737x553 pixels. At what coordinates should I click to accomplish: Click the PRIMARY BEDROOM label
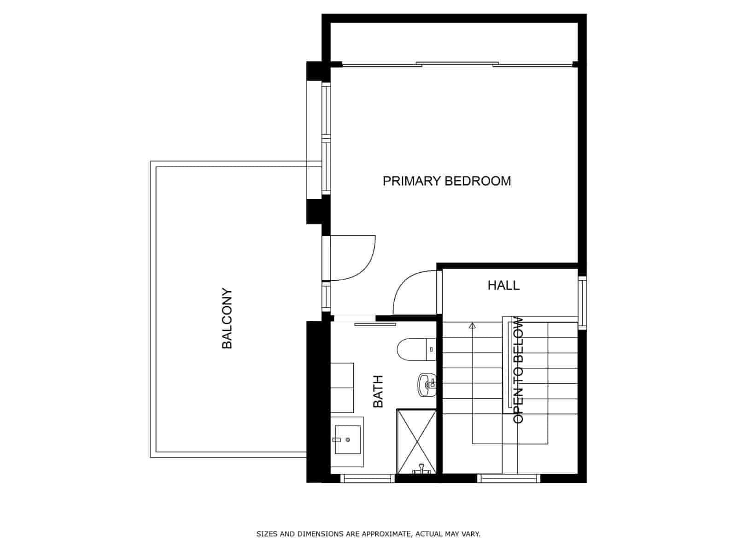click(446, 181)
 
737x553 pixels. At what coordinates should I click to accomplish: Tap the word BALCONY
click(227, 318)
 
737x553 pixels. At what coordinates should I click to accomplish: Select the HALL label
click(503, 285)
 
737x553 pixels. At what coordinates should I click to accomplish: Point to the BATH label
click(378, 392)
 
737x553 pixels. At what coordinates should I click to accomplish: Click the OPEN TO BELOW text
click(518, 370)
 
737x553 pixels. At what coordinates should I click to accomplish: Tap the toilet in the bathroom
click(416, 349)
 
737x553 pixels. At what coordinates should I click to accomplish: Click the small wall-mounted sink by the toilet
click(427, 385)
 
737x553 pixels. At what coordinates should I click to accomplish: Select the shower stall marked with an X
click(416, 441)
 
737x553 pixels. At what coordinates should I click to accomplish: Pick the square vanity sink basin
click(348, 440)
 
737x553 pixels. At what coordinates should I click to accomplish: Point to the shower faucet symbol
click(421, 469)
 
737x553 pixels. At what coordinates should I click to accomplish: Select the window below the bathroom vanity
click(367, 478)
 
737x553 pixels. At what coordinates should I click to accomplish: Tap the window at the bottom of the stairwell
click(509, 478)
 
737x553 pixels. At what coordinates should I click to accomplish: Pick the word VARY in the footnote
click(471, 534)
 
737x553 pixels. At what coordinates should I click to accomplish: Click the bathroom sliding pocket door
click(375, 324)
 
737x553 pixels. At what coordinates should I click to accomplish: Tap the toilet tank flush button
click(432, 349)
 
